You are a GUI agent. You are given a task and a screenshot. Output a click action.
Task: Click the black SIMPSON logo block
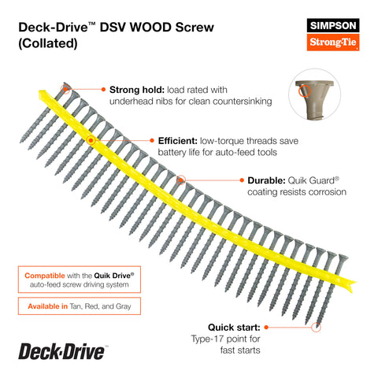(x=333, y=25)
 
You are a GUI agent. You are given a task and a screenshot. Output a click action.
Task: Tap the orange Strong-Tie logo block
(x=333, y=42)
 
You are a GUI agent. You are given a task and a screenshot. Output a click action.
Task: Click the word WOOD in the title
(x=150, y=27)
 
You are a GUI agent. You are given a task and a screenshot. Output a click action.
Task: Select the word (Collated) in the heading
(x=48, y=43)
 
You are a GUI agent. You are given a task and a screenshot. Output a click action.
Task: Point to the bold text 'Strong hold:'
(x=137, y=90)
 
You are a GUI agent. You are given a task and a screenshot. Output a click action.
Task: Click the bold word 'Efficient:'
(x=178, y=141)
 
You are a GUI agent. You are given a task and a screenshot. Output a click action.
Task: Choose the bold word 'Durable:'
(x=266, y=180)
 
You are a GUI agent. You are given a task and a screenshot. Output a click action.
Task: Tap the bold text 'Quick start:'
(x=234, y=328)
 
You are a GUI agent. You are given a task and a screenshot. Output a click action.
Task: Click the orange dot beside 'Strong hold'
(x=103, y=90)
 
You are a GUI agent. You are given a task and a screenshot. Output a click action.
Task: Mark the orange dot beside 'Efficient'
(x=152, y=141)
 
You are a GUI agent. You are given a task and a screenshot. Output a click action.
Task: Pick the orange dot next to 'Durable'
(x=242, y=180)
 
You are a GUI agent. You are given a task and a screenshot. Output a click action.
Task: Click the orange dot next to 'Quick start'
(x=266, y=327)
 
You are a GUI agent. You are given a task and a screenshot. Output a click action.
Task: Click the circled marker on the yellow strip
(x=91, y=140)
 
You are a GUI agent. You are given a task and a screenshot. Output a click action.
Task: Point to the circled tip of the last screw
(x=316, y=327)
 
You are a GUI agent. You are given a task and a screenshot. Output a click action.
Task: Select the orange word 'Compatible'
(x=45, y=276)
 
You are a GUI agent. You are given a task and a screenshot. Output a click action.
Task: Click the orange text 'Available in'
(x=48, y=306)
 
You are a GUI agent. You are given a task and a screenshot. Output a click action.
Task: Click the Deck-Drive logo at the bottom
(x=62, y=351)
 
